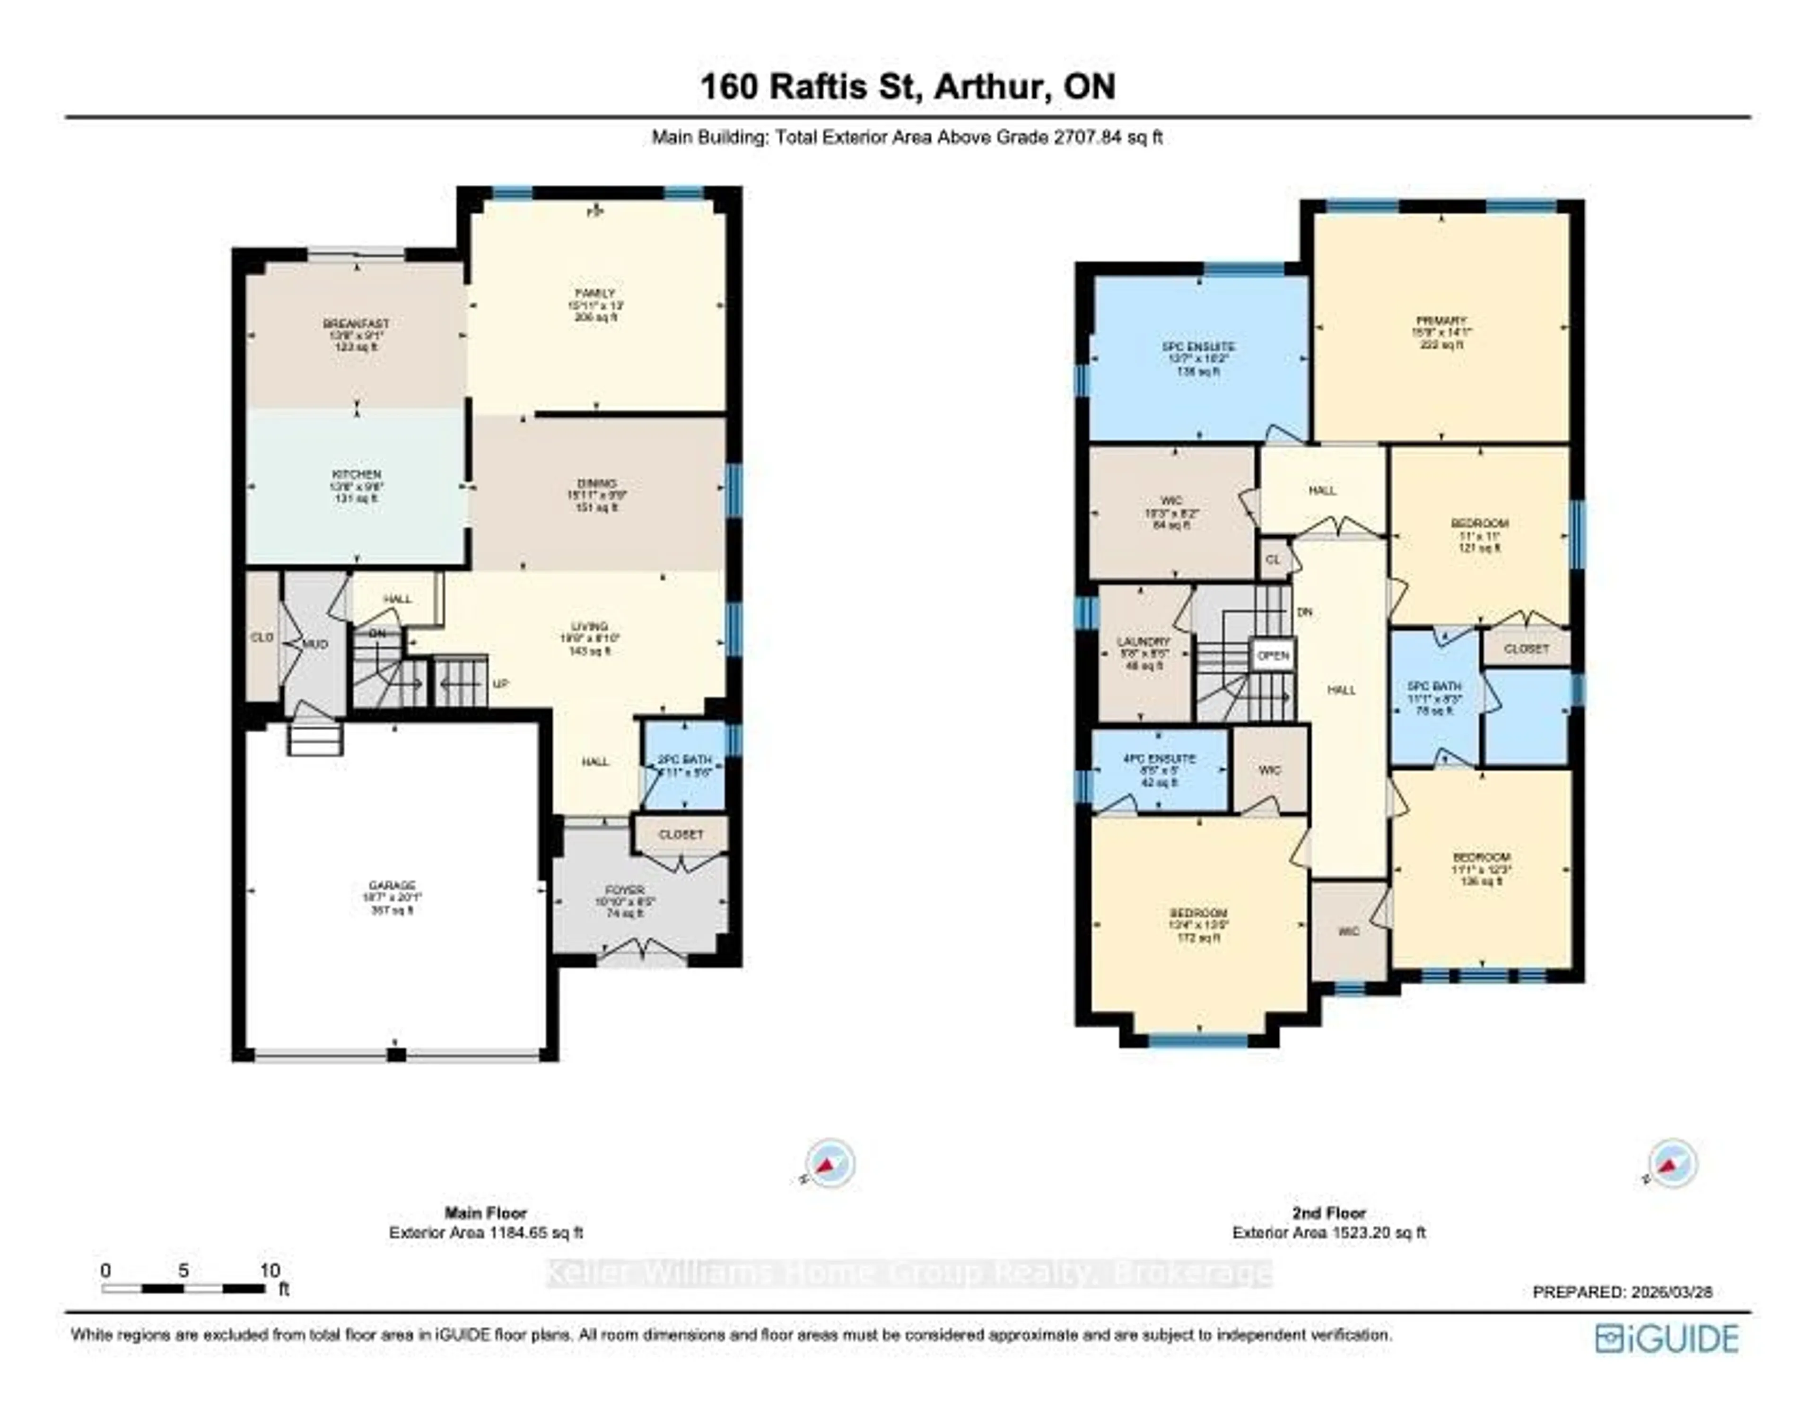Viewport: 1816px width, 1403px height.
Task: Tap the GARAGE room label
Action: click(x=393, y=886)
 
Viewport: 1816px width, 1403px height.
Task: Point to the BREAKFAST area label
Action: click(x=356, y=323)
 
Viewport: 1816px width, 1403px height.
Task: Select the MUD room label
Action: click(x=314, y=645)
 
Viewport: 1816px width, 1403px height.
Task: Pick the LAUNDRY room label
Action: click(x=1144, y=642)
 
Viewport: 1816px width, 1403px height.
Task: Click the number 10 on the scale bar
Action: click(x=270, y=1271)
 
